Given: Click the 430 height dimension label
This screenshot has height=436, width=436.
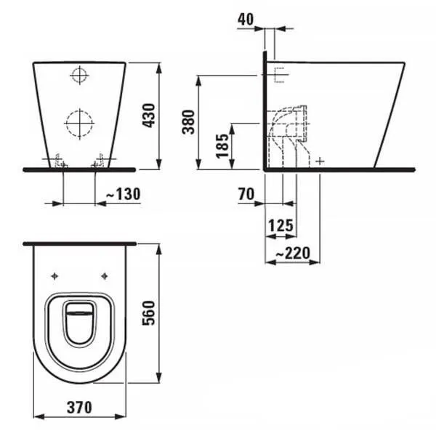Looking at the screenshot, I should point(149,115).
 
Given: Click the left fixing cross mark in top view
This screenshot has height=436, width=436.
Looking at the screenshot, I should point(56,275).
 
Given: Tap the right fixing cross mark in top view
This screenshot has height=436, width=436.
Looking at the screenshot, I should point(105,275).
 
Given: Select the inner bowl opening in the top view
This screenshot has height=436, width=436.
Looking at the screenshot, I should point(80,324).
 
